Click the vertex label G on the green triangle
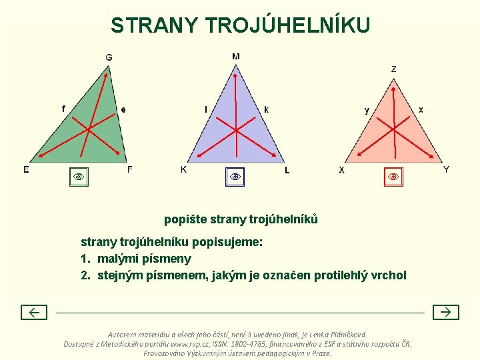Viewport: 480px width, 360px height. [109, 57]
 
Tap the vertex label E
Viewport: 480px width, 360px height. [26, 169]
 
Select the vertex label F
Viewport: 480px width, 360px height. [129, 169]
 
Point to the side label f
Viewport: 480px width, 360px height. [63, 109]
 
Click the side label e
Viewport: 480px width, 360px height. [123, 110]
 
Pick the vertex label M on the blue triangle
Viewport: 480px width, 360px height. [236, 57]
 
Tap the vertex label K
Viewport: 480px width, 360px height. [184, 169]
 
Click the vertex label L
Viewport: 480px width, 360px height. [287, 171]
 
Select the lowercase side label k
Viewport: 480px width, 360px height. [267, 109]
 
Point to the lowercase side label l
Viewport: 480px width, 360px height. [205, 109]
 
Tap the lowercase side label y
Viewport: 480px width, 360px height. [366, 110]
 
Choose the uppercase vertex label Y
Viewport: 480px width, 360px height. [446, 169]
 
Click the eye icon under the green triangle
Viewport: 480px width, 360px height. [79, 177]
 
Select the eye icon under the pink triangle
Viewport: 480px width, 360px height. [393, 177]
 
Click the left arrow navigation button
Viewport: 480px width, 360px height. [33, 312]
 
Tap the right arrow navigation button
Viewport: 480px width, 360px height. [446, 312]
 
